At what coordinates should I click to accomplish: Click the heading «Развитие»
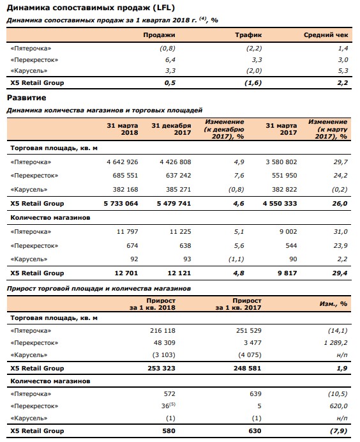pos(26,97)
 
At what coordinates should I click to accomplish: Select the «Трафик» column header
pos(249,36)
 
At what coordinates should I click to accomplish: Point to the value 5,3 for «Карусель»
pos(343,70)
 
